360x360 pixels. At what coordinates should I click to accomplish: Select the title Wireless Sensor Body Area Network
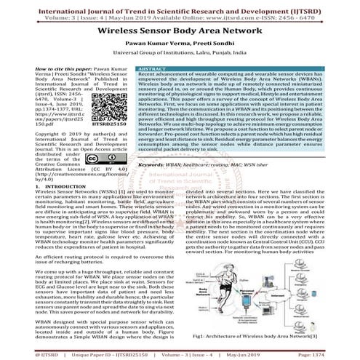(x=180, y=33)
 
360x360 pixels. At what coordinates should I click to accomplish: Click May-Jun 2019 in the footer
(x=281, y=354)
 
